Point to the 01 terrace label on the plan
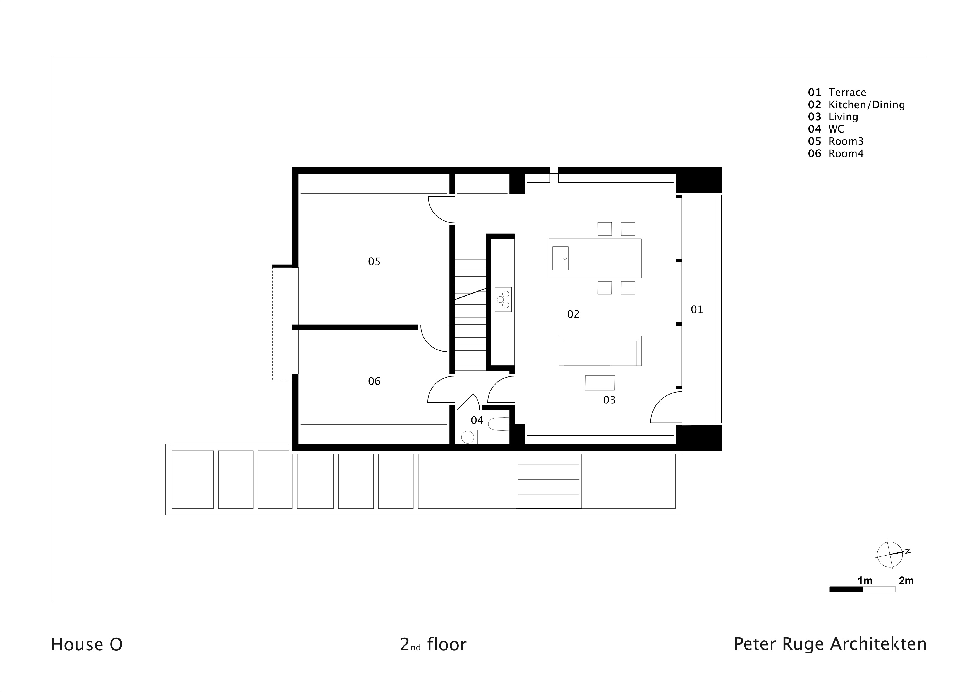[697, 310]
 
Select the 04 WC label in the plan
[477, 421]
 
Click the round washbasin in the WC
[467, 438]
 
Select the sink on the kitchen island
[560, 258]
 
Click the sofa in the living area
[600, 351]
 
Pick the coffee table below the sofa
[600, 383]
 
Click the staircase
[470, 302]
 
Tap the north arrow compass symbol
[889, 554]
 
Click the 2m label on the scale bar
[906, 581]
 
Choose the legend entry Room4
[846, 154]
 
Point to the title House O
[87, 645]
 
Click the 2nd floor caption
[433, 645]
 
